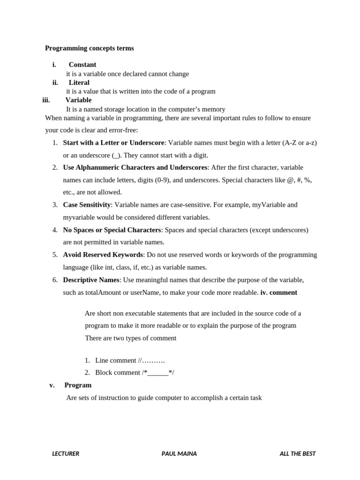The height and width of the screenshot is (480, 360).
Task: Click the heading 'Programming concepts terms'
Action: pos(89,48)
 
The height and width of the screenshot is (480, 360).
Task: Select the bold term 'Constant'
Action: pos(82,65)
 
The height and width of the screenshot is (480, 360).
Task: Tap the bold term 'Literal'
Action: pos(79,82)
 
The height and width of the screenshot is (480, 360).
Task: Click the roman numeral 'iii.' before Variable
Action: pos(46,100)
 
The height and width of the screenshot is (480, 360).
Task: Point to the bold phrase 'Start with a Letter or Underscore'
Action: pos(113,142)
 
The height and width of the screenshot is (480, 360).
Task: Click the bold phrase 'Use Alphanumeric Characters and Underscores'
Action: pos(135,167)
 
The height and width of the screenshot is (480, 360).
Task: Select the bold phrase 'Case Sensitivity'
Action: pos(87,205)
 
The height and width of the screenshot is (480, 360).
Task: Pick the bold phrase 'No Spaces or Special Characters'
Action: pos(112,230)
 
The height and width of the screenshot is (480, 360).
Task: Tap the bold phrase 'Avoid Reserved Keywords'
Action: pos(103,255)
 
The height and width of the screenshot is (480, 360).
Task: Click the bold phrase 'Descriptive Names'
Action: pos(91,280)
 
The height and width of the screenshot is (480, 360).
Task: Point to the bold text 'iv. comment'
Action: pos(278,292)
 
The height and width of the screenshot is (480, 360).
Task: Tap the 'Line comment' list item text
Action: pos(116,360)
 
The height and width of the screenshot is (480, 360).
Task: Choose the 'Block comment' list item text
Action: pos(118,373)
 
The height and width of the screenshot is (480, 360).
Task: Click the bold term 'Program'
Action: pos(78,385)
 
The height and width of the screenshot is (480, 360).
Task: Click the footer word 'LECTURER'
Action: pos(66,454)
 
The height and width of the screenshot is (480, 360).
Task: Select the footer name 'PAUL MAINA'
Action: pos(179,454)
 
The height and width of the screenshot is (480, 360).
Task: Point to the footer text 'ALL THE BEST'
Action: pos(298,454)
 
